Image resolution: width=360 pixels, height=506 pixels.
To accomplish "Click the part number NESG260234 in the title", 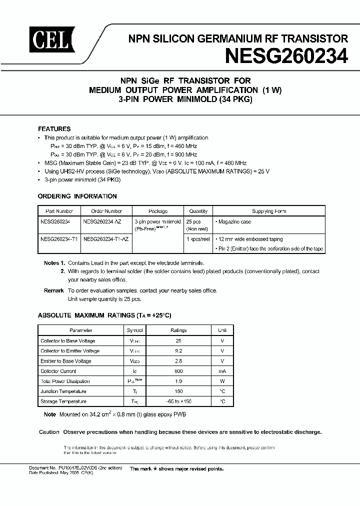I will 286,55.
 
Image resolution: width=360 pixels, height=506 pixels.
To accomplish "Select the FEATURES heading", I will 54,128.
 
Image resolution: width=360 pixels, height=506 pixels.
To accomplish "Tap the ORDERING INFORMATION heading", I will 77,196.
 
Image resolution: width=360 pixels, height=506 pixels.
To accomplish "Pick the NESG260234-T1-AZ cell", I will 106,239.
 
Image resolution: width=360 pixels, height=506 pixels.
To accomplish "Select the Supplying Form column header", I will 269,211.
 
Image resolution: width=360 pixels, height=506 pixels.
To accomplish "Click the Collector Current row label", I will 58,371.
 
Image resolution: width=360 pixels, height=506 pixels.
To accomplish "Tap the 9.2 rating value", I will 178,350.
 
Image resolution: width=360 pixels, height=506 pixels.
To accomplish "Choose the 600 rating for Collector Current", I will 178,371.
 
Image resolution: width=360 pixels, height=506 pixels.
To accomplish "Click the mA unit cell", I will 222,371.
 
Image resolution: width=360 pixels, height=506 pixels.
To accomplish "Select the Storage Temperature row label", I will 63,401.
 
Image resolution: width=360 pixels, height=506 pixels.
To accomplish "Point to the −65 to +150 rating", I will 178,401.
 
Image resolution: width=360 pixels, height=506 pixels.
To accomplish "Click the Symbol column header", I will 134,330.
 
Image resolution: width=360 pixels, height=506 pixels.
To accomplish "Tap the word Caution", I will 49,432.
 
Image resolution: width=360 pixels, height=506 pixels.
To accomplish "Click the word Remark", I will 53,290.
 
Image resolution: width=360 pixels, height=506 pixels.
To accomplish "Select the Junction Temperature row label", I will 63,391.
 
